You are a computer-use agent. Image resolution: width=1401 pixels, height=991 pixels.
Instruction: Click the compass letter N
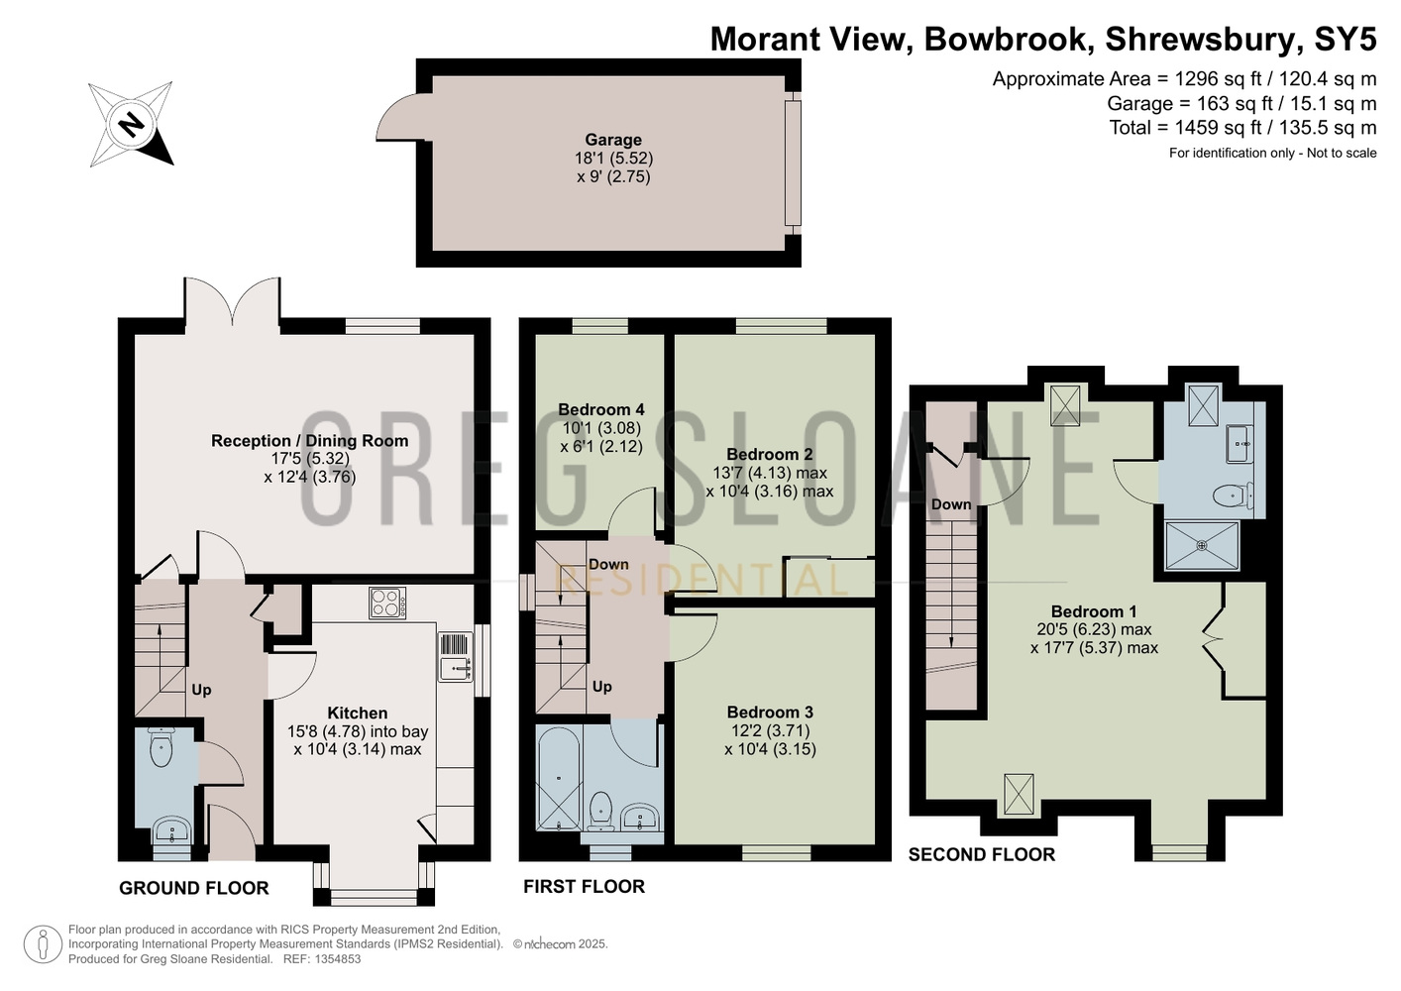132,125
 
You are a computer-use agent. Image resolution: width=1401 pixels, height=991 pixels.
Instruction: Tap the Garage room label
613,140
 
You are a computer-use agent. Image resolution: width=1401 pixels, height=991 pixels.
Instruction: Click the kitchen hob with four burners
387,603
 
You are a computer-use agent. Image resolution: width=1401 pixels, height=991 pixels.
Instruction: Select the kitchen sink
456,669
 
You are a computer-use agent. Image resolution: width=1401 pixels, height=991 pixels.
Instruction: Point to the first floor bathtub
559,777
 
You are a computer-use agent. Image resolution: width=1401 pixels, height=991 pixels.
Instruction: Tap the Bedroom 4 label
601,410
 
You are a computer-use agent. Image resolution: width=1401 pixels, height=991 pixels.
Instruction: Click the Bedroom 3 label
770,712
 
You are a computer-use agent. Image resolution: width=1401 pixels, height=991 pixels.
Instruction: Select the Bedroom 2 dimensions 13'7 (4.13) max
770,473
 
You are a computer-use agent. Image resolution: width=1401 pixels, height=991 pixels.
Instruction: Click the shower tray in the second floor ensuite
1202,546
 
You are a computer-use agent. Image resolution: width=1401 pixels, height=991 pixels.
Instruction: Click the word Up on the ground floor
201,690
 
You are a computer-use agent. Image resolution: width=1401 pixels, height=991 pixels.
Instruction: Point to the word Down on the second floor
951,504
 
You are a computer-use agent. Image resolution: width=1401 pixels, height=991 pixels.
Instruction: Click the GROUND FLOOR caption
194,888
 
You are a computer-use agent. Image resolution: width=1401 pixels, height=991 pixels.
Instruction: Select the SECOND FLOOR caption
981,854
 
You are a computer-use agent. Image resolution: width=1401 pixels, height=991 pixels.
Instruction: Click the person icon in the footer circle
43,944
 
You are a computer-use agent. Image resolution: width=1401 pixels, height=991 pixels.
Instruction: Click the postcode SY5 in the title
1346,39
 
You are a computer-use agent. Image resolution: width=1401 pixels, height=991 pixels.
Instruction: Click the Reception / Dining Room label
309,440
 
